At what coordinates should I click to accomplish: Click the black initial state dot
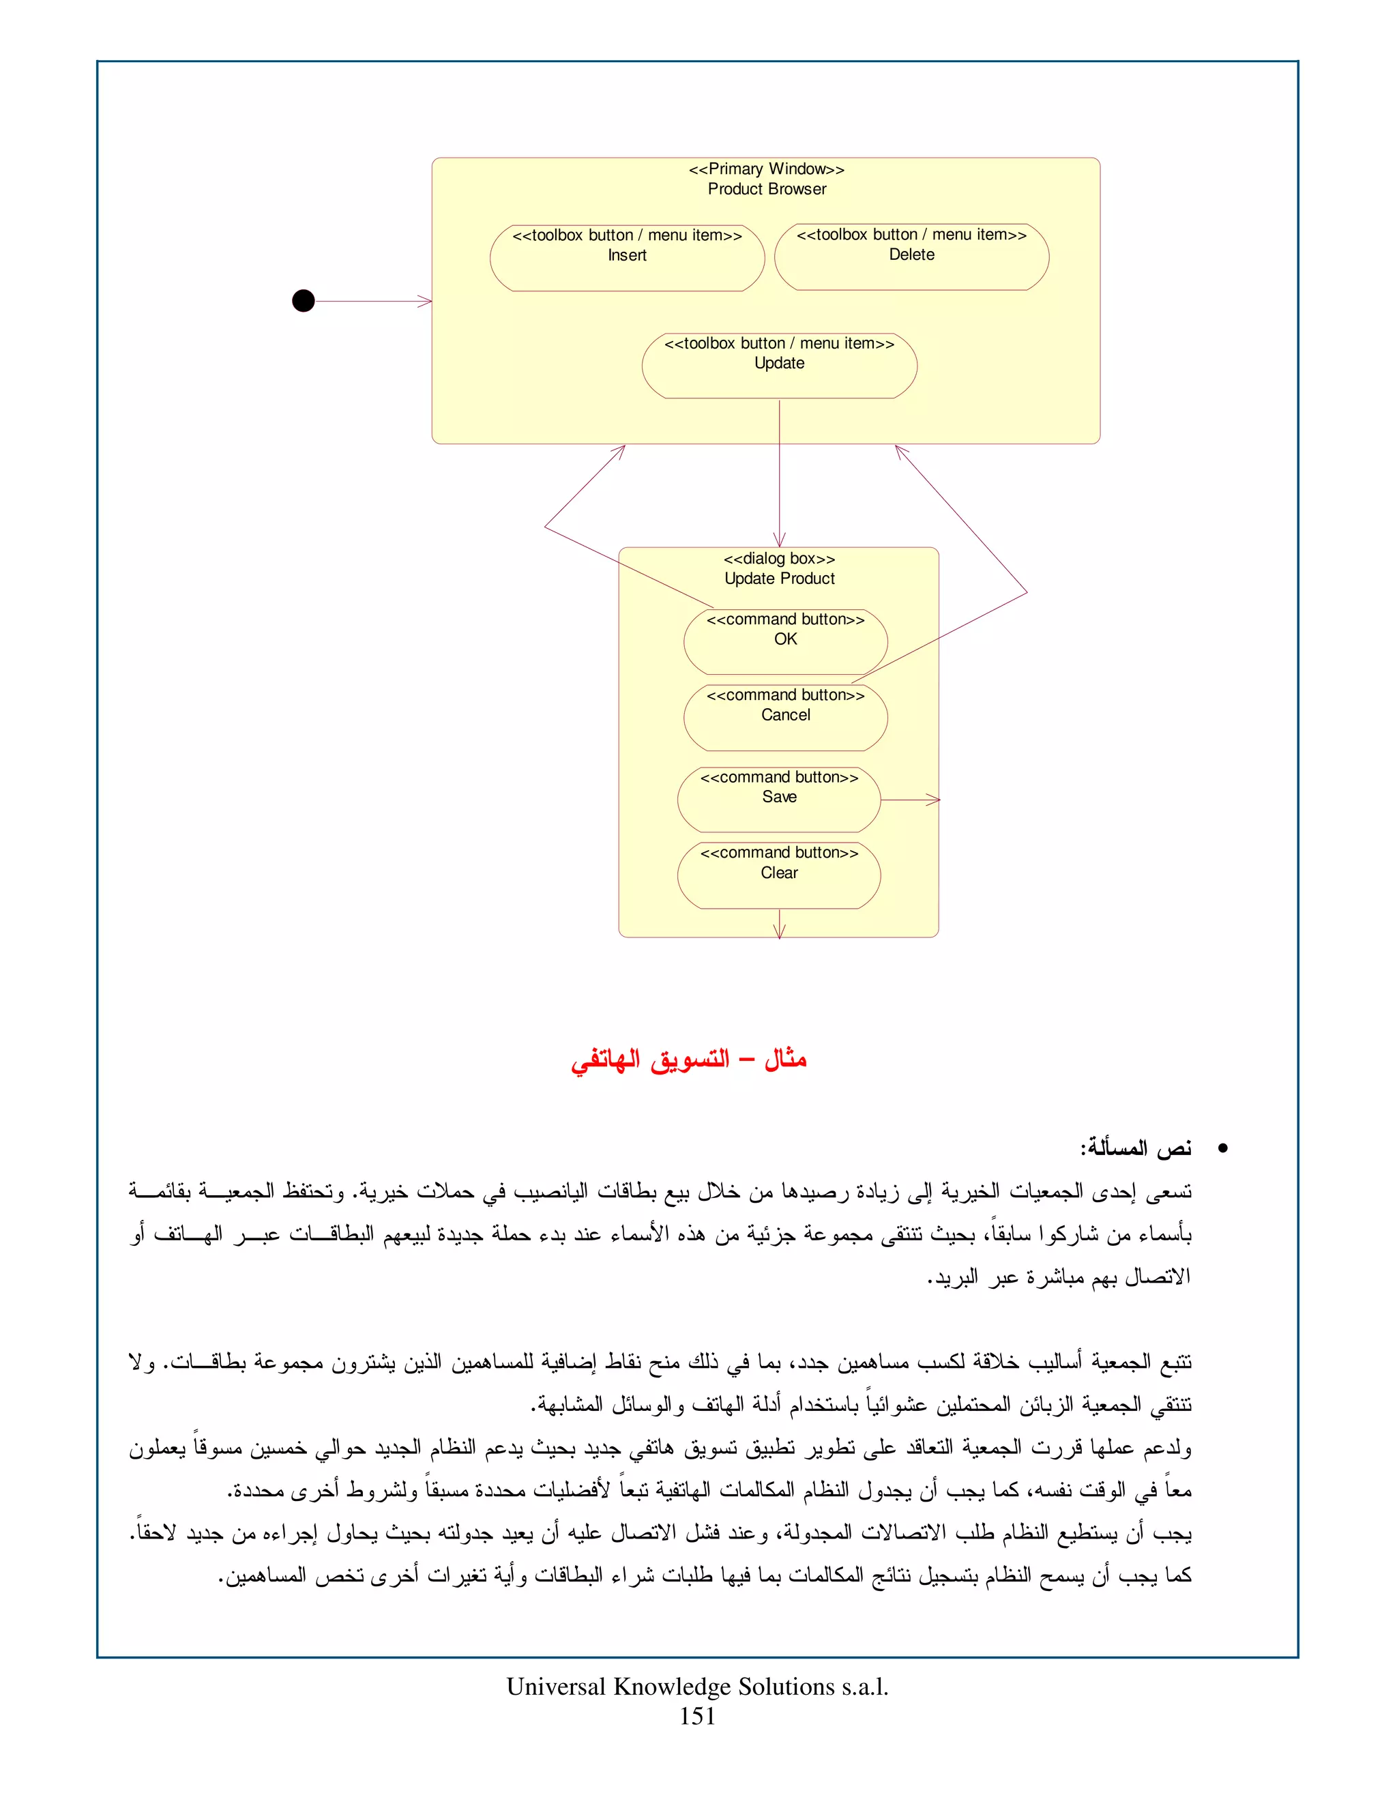pos(304,300)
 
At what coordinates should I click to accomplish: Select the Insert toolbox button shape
pos(626,257)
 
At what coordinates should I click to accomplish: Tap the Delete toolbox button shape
pos(911,257)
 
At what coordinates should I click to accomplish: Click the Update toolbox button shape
pos(779,365)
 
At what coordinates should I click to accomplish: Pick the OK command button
pos(785,641)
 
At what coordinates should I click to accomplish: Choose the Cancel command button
pos(785,717)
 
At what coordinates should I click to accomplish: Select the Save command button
pos(779,799)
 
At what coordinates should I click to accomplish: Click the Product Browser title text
pos(766,189)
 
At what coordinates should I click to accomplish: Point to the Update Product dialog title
pos(779,579)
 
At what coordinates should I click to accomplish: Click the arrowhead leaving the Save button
pos(935,800)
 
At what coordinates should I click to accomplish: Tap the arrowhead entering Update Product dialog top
pos(779,540)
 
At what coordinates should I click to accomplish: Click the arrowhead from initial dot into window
pos(426,302)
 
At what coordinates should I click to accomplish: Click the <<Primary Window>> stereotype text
pos(766,169)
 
